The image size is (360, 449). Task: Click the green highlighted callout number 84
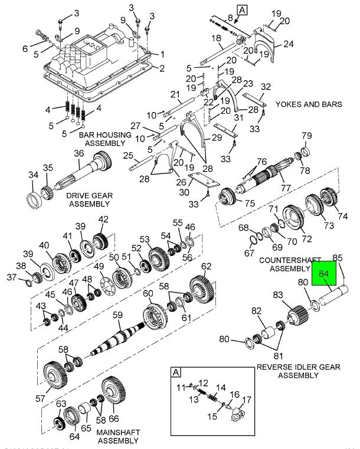point(323,274)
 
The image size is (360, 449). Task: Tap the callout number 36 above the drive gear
point(78,155)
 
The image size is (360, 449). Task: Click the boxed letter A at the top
point(242,9)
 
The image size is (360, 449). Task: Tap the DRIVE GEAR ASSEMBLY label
point(89,199)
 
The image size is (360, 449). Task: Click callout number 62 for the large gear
point(206,266)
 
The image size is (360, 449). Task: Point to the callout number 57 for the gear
point(40,398)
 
